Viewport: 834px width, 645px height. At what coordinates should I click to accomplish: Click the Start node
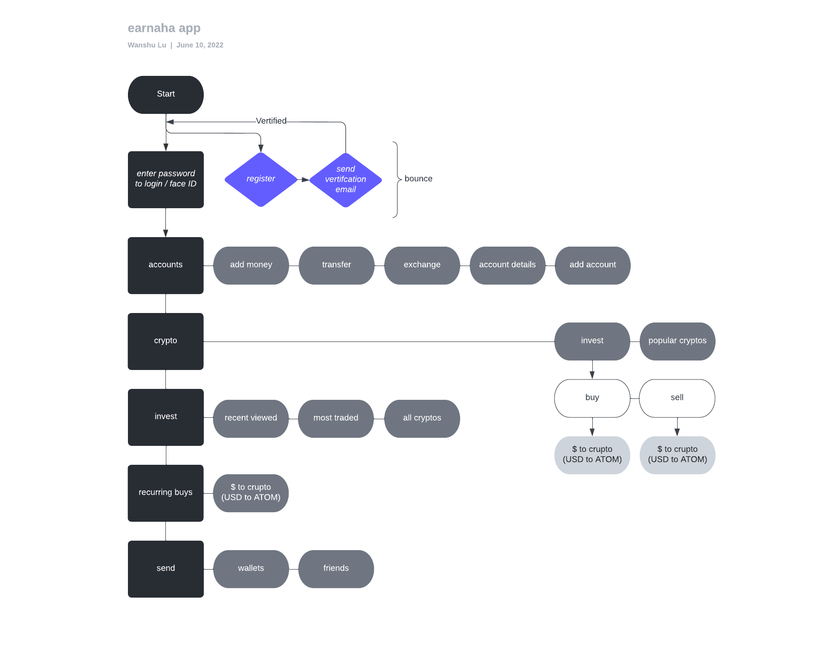pyautogui.click(x=165, y=94)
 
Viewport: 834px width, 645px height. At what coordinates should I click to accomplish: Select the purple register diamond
pyautogui.click(x=261, y=179)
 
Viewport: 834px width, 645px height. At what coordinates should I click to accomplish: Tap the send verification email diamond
pyautogui.click(x=345, y=179)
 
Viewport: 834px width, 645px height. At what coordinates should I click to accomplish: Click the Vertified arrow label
pyautogui.click(x=271, y=121)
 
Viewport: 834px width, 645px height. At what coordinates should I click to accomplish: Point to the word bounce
pyautogui.click(x=418, y=179)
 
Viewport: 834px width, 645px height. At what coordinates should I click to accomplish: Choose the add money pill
pyautogui.click(x=251, y=265)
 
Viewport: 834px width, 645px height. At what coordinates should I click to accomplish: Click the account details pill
pyautogui.click(x=507, y=265)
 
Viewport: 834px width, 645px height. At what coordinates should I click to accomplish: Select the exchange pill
pyautogui.click(x=422, y=265)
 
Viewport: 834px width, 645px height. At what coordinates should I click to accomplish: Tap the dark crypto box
pyautogui.click(x=165, y=341)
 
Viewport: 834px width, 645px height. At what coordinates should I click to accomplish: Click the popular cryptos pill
pyautogui.click(x=677, y=341)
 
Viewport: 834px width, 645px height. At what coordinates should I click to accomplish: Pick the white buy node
pyautogui.click(x=592, y=398)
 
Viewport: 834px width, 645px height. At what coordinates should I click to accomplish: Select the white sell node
pyautogui.click(x=677, y=398)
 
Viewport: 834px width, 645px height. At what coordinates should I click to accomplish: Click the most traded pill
pyautogui.click(x=335, y=418)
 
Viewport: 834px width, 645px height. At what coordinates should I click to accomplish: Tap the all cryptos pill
pyautogui.click(x=422, y=418)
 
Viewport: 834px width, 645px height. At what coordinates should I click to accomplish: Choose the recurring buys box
pyautogui.click(x=165, y=493)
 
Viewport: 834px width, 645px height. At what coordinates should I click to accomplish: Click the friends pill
pyautogui.click(x=335, y=569)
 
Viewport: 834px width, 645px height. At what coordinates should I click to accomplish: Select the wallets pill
pyautogui.click(x=251, y=569)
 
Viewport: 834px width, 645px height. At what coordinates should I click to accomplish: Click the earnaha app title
pyautogui.click(x=164, y=28)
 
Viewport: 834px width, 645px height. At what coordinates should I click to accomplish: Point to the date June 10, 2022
pyautogui.click(x=199, y=45)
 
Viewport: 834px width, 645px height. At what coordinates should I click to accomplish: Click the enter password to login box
pyautogui.click(x=165, y=179)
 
